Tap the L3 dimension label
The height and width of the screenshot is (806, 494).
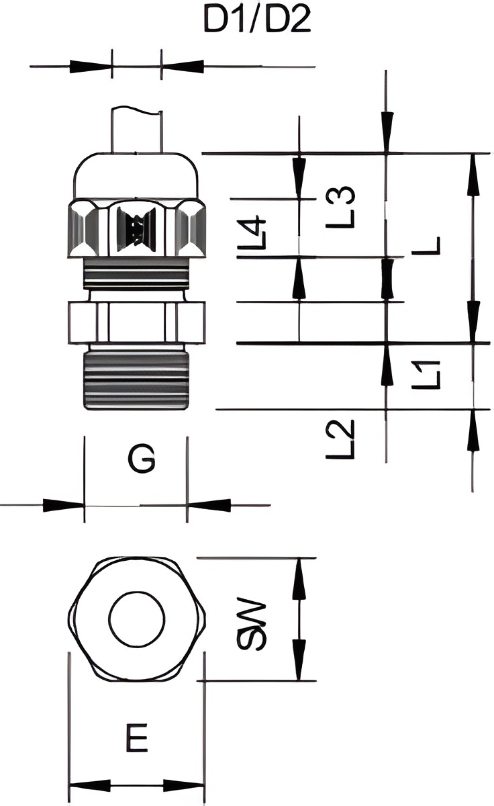(x=340, y=208)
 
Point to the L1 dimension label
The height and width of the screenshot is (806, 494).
(x=426, y=375)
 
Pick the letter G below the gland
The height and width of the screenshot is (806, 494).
(x=142, y=459)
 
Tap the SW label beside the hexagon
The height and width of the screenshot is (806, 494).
(x=252, y=624)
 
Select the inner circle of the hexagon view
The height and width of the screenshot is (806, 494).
(x=137, y=621)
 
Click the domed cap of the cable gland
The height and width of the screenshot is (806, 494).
(x=136, y=176)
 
